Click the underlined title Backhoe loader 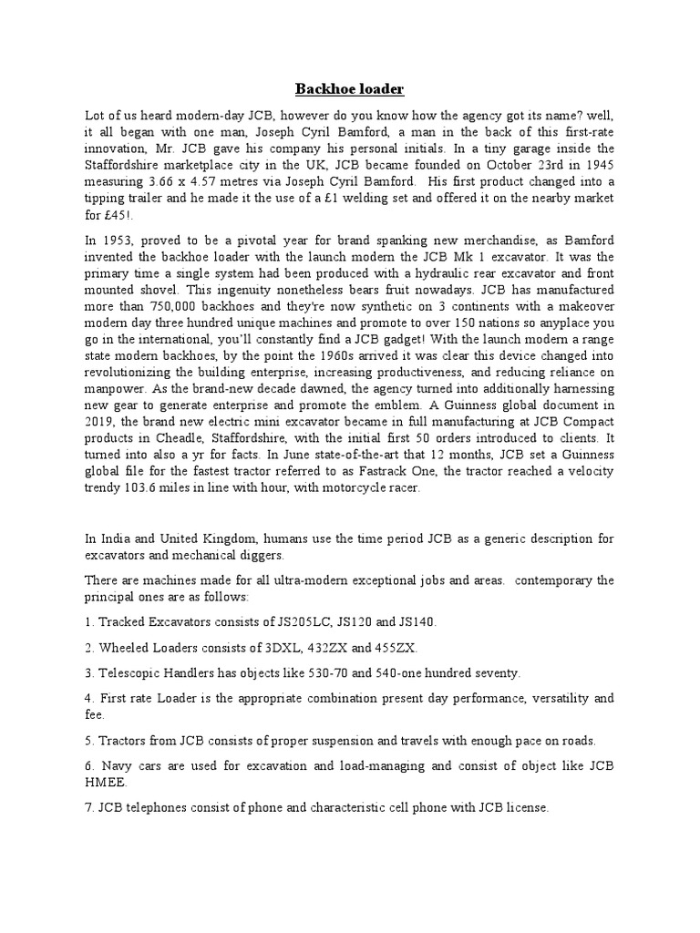pos(349,88)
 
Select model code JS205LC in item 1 pos(278,622)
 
